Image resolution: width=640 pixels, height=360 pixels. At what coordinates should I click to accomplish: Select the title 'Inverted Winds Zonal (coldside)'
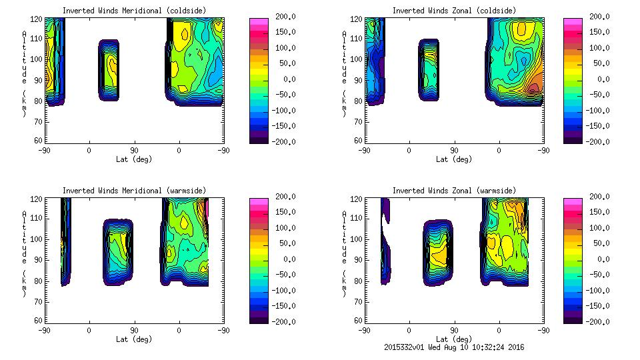tap(454, 11)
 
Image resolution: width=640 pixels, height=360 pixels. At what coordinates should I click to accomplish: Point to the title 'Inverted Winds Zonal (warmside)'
tap(454, 191)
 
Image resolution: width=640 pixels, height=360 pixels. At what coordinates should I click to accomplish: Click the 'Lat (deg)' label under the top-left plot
tap(134, 159)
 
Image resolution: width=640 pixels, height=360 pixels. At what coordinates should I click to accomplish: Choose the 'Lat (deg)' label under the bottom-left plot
tap(134, 339)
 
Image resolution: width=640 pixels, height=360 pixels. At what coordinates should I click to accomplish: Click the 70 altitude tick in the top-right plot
tap(357, 121)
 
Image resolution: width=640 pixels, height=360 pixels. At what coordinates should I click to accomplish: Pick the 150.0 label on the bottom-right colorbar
tap(601, 212)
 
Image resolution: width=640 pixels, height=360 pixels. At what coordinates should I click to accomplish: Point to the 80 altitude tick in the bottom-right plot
tap(357, 281)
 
